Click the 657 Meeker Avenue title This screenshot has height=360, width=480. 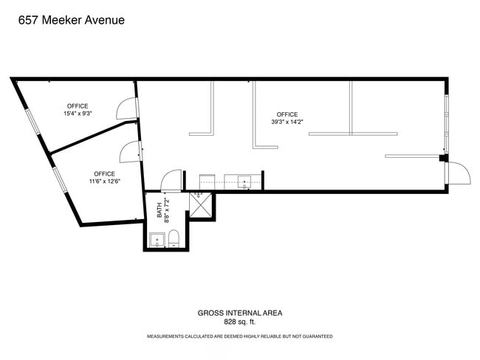(x=72, y=20)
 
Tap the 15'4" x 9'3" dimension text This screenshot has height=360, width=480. (x=78, y=114)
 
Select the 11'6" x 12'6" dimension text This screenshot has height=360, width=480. (x=105, y=181)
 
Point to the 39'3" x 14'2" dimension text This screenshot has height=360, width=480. (x=287, y=122)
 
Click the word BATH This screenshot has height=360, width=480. (x=160, y=210)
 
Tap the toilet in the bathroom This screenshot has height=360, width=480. (x=174, y=238)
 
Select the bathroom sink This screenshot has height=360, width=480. (x=157, y=240)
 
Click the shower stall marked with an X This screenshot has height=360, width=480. (x=201, y=205)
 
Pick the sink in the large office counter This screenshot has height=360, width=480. (x=244, y=182)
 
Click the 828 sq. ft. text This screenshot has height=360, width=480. (x=240, y=322)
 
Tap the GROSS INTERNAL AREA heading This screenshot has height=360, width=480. (x=240, y=313)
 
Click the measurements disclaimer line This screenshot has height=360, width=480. (x=240, y=336)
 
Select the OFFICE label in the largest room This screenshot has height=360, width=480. (x=287, y=114)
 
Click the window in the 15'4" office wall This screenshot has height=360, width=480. (x=33, y=122)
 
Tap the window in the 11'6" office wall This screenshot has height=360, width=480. (x=60, y=180)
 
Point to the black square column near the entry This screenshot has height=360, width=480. (x=442, y=158)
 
